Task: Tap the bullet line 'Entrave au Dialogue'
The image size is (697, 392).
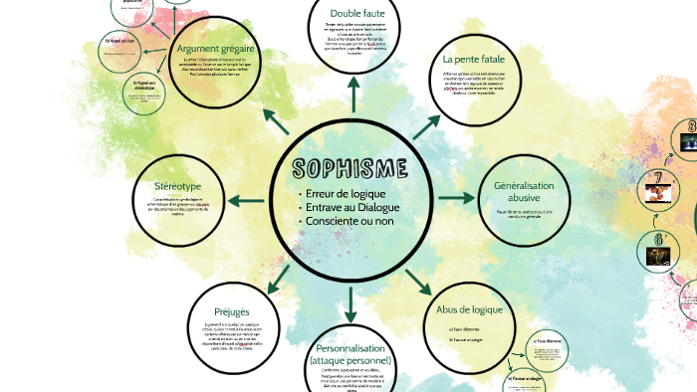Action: click(x=350, y=207)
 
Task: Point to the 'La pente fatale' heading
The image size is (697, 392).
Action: click(x=476, y=59)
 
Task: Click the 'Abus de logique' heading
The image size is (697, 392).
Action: click(x=469, y=309)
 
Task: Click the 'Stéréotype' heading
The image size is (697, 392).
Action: click(x=178, y=186)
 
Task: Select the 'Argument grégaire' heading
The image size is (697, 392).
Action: click(x=215, y=50)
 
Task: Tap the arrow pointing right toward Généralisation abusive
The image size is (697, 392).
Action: click(x=457, y=197)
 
